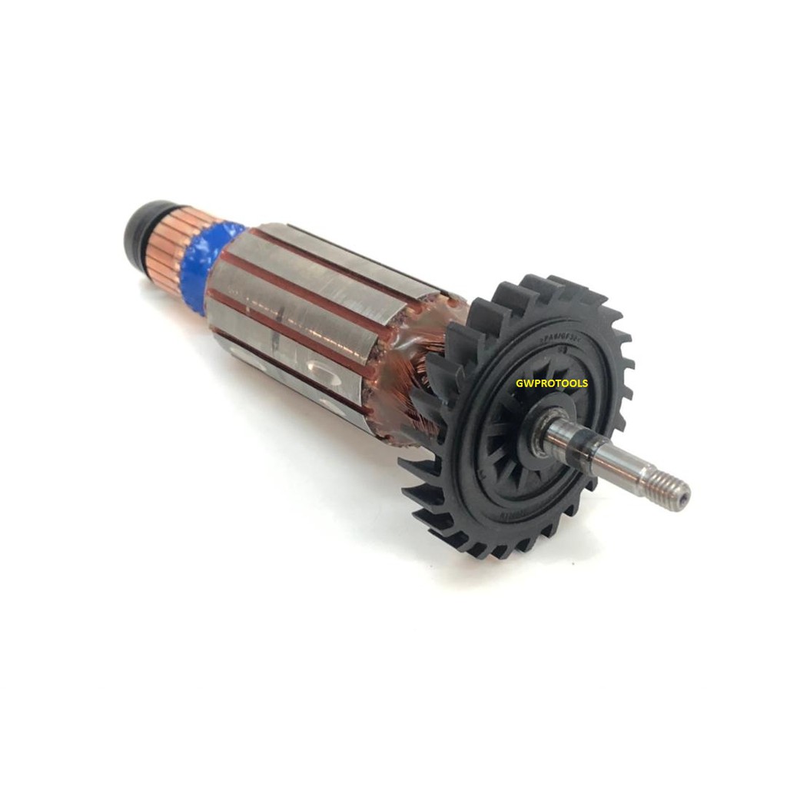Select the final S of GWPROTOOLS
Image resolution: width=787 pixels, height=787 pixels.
click(x=585, y=383)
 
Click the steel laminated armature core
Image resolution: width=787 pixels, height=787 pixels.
click(x=307, y=307)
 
